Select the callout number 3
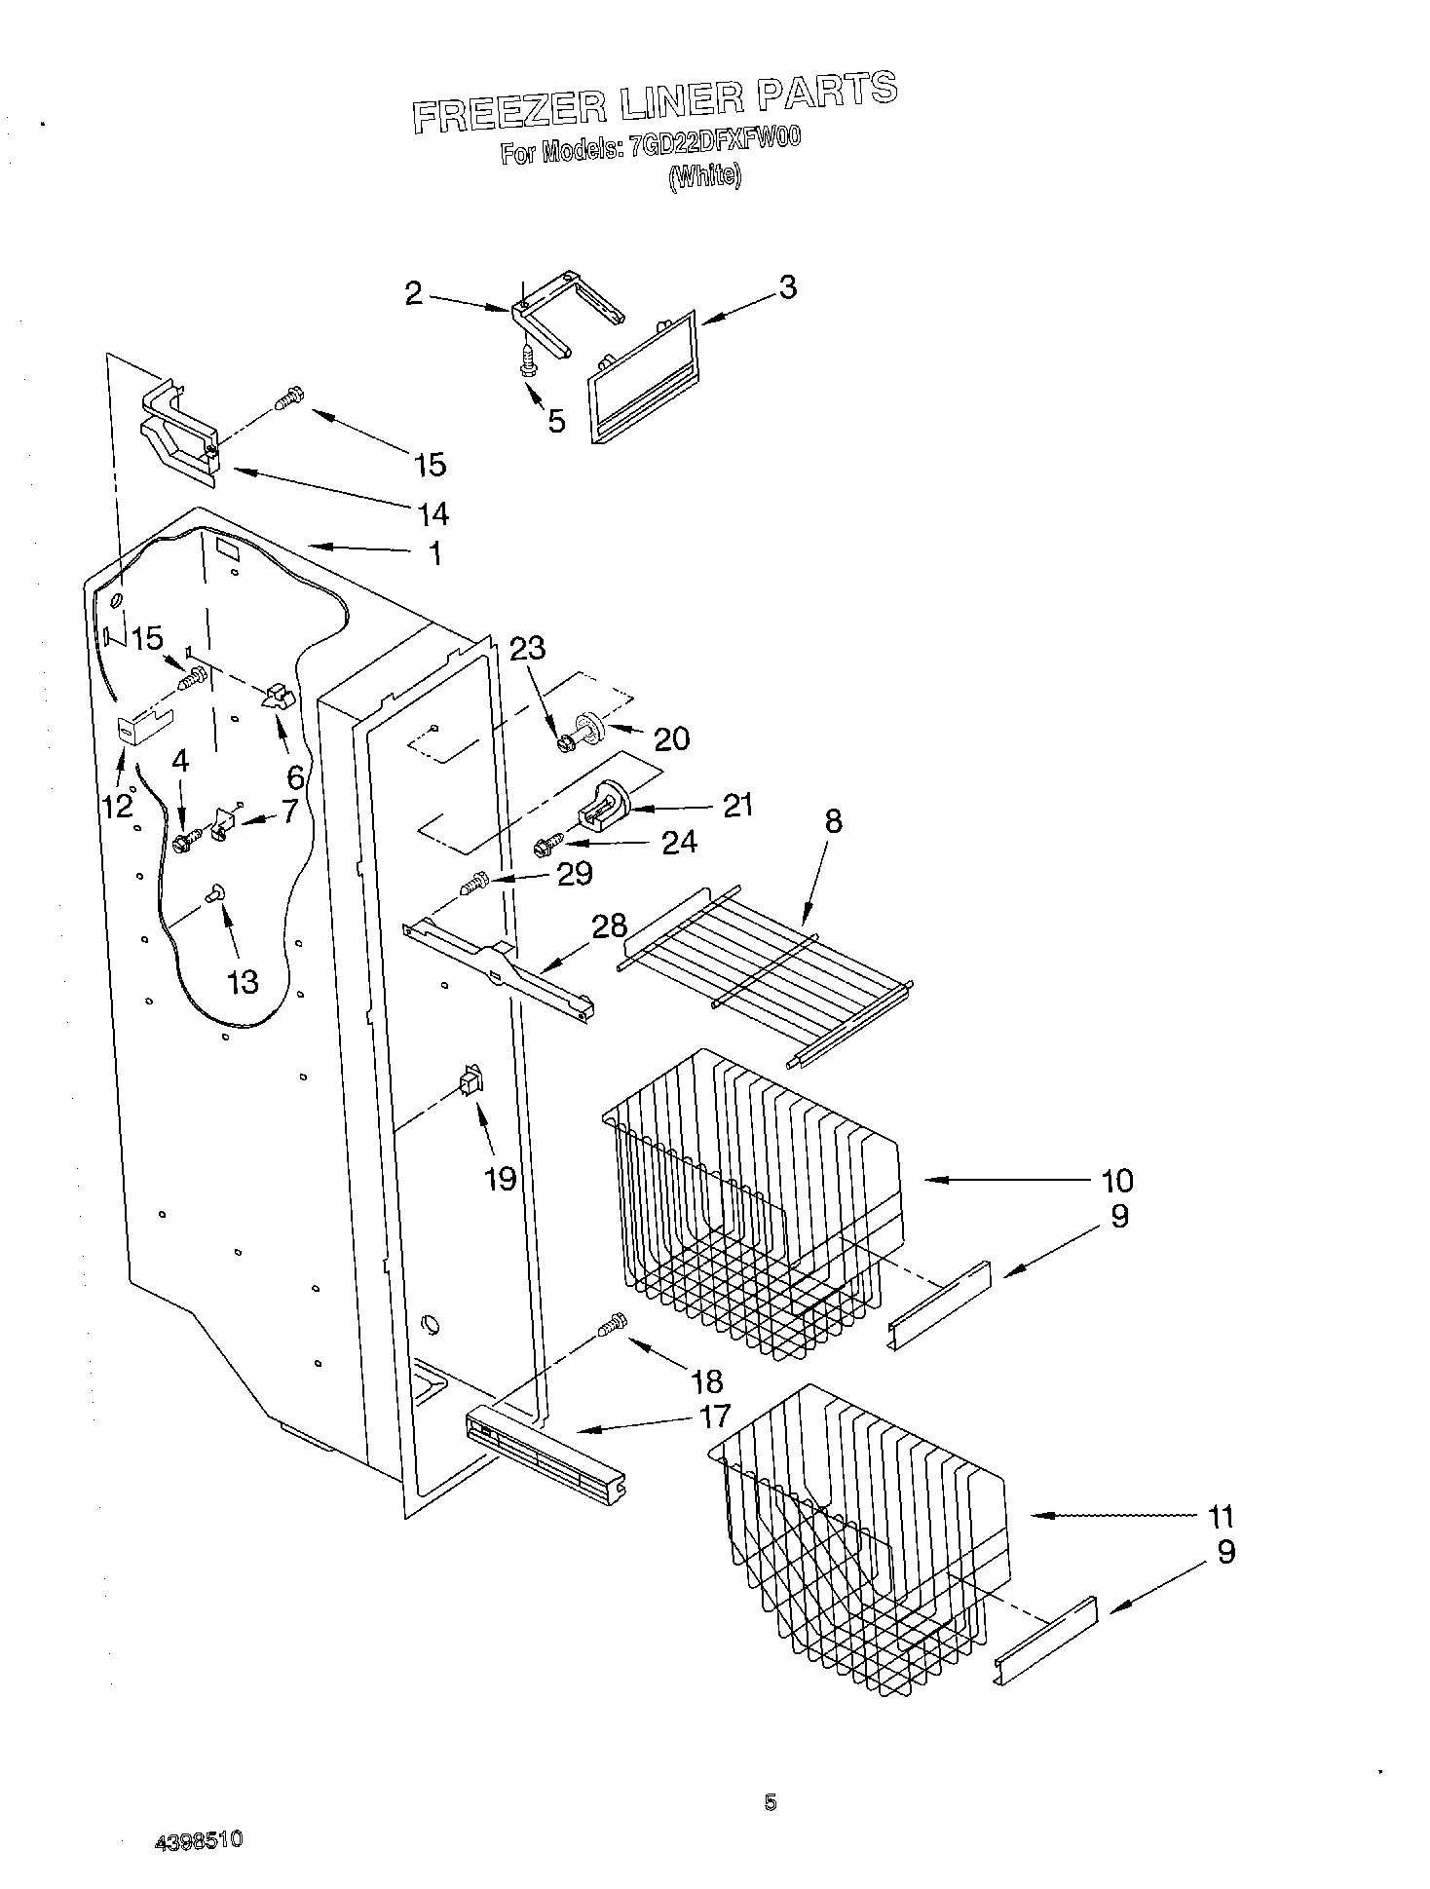(787, 287)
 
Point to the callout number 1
(435, 554)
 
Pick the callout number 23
(527, 648)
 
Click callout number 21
(738, 805)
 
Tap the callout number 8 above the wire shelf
(833, 821)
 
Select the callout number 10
(1116, 1181)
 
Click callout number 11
(1220, 1517)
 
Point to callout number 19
(500, 1179)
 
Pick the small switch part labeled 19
(470, 1081)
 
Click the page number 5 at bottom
(770, 1803)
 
